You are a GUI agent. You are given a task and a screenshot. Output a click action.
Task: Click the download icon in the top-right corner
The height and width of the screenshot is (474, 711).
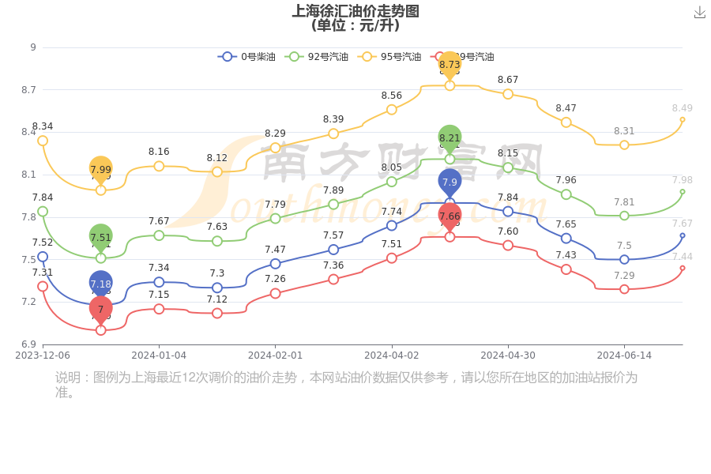pyautogui.click(x=700, y=12)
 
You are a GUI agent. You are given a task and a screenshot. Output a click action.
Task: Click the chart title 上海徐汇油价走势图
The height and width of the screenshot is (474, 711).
pyautogui.click(x=355, y=11)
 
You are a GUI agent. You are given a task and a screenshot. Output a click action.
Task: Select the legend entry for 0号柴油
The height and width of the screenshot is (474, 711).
pyautogui.click(x=247, y=57)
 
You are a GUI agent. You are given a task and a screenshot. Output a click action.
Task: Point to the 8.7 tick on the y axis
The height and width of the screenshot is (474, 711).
pyautogui.click(x=28, y=90)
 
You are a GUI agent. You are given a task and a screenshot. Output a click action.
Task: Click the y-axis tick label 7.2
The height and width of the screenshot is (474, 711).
pyautogui.click(x=28, y=302)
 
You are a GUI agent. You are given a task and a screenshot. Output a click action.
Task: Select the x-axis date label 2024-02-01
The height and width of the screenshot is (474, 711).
pyautogui.click(x=275, y=355)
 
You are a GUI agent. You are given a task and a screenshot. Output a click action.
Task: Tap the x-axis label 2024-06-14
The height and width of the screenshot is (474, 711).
pyautogui.click(x=624, y=355)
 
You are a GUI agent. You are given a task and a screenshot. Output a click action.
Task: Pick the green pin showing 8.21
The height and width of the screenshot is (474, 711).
pyautogui.click(x=450, y=138)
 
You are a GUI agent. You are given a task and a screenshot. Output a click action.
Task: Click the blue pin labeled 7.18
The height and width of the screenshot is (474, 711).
pyautogui.click(x=100, y=284)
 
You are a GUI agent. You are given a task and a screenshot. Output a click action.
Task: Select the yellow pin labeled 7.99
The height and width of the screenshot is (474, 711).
pyautogui.click(x=100, y=169)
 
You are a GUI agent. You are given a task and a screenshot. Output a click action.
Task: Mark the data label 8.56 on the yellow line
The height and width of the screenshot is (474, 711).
pyautogui.click(x=392, y=96)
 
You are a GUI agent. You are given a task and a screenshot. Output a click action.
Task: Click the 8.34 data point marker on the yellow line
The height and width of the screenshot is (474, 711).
pyautogui.click(x=43, y=141)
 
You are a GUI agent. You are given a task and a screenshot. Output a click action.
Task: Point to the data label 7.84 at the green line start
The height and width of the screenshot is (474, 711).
pyautogui.click(x=43, y=197)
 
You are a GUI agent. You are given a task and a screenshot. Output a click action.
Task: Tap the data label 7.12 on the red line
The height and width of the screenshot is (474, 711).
pyautogui.click(x=217, y=299)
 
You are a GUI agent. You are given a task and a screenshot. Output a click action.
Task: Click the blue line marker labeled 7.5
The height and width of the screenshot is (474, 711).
pyautogui.click(x=624, y=259)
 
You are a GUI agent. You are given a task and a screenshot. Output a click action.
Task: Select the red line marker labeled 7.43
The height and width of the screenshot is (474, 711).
pyautogui.click(x=566, y=269)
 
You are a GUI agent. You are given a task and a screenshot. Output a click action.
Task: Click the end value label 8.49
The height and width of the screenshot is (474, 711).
pyautogui.click(x=682, y=108)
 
